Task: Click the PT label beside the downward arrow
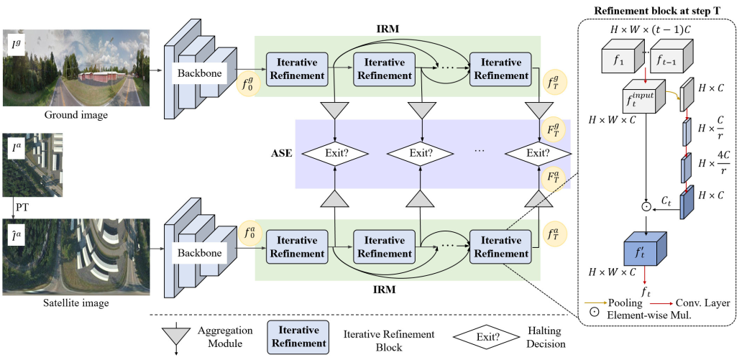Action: tap(22, 208)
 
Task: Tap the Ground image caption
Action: tap(76, 115)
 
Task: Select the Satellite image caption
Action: tap(76, 303)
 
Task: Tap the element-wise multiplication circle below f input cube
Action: tap(646, 206)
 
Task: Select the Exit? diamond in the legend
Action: tap(485, 338)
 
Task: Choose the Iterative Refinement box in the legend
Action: tap(298, 336)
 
